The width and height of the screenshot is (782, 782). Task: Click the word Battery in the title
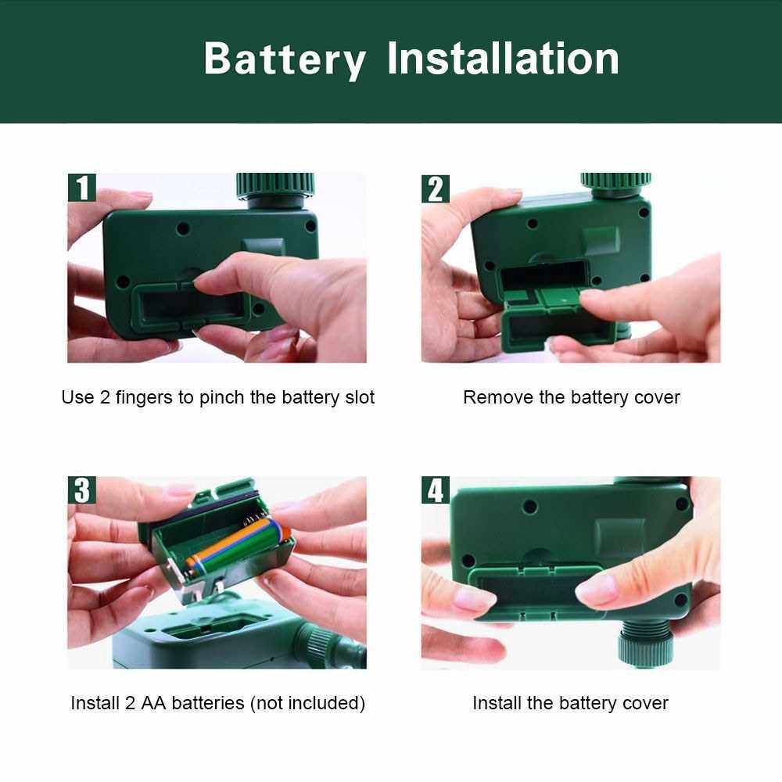click(285, 60)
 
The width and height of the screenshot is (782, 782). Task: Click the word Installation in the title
click(503, 59)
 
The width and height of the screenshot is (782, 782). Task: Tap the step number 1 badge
click(82, 188)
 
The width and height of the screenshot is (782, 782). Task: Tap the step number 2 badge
click(436, 189)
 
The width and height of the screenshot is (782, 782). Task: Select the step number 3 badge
click(82, 490)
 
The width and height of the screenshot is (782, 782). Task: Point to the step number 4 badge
click(436, 490)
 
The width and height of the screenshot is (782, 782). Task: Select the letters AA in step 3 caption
click(153, 703)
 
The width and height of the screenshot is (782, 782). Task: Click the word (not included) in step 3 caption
click(307, 703)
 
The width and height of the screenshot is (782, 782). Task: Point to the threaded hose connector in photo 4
click(646, 644)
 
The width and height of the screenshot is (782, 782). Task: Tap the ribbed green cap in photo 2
click(616, 182)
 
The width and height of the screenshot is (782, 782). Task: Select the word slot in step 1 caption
click(360, 397)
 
